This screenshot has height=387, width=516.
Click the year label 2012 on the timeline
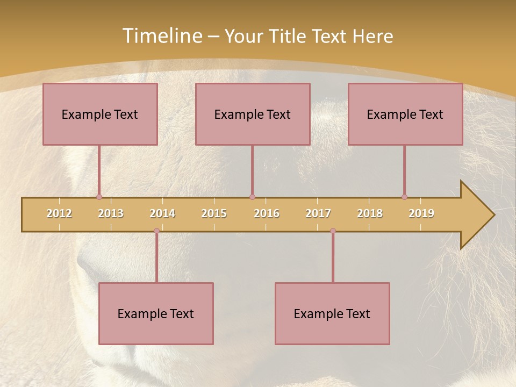tap(59, 213)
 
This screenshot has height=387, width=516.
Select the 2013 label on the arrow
tap(111, 213)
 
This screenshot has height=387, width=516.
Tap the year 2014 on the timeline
tap(162, 213)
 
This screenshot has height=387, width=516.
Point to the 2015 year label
tap(214, 213)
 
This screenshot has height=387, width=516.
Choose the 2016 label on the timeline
tap(267, 213)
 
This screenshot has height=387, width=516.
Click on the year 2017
tap(318, 213)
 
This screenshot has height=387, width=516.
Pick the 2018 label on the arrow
tap(370, 213)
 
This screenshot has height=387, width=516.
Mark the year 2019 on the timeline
tap(421, 213)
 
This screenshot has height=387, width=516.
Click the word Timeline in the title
tap(162, 36)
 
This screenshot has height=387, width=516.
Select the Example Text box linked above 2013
tap(100, 114)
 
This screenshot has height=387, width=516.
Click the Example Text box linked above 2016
tap(253, 114)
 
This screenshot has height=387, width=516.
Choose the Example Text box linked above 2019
tap(405, 114)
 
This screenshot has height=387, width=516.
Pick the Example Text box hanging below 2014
tap(156, 313)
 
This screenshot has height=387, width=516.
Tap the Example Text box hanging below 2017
tap(332, 313)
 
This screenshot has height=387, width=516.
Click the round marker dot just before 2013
tap(99, 197)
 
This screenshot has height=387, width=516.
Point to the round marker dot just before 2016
tap(252, 197)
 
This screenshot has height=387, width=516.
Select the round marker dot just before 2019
tap(404, 197)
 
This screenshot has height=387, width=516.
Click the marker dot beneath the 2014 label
tap(156, 231)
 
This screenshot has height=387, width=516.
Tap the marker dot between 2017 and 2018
tap(333, 231)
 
